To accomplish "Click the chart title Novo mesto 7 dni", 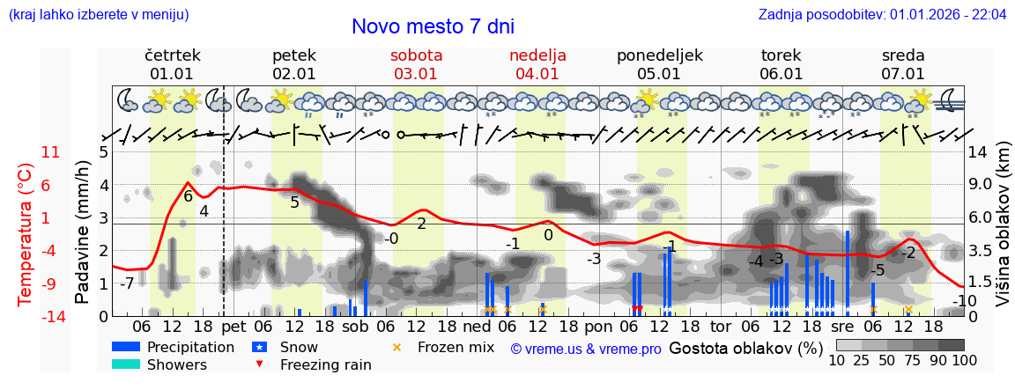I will [433, 26].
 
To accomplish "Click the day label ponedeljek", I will [659, 55].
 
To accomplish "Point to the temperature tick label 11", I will [51, 152].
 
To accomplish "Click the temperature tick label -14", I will [51, 316].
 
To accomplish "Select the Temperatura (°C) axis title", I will [26, 233].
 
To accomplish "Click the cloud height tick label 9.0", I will [981, 185].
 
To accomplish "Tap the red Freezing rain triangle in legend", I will [260, 364].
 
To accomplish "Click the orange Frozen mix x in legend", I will [396, 348].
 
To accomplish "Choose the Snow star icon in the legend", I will [260, 348].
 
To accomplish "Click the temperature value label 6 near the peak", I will [188, 196].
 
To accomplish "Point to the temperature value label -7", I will [127, 283].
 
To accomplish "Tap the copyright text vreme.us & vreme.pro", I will [586, 350].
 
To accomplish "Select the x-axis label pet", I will [233, 327].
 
